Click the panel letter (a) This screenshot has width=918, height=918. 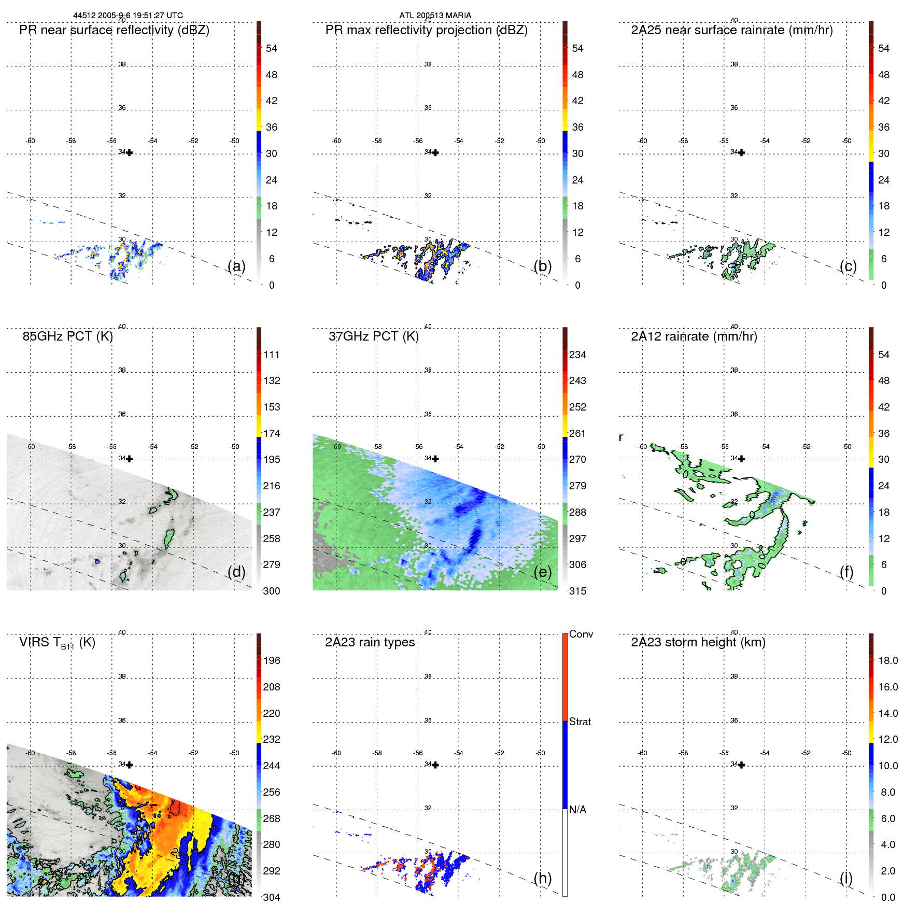[x=236, y=266]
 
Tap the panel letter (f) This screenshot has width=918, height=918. [x=846, y=572]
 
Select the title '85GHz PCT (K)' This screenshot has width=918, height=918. [x=68, y=336]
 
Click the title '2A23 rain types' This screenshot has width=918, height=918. [x=370, y=642]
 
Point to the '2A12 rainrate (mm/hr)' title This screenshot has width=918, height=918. [x=694, y=336]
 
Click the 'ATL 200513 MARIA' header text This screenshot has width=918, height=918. [x=435, y=16]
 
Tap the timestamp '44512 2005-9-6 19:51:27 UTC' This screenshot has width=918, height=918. [x=128, y=16]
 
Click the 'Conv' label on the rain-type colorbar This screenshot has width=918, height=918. [x=581, y=634]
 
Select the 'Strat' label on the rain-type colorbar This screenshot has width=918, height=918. [x=580, y=722]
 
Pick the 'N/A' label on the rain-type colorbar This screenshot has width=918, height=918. [x=577, y=810]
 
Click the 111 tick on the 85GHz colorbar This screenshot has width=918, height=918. [x=272, y=355]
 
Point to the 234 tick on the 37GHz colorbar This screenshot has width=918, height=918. [x=577, y=355]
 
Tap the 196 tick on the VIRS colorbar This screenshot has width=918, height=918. [x=272, y=660]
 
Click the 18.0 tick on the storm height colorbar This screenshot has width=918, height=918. [x=887, y=660]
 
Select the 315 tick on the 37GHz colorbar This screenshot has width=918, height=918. [x=577, y=591]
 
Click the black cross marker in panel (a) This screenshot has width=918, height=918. [x=130, y=153]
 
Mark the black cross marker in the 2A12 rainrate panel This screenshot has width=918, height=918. [x=742, y=459]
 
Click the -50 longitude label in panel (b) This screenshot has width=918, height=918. [x=541, y=141]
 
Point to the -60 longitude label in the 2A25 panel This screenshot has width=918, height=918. [x=643, y=141]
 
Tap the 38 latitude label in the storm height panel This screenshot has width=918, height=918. [x=734, y=676]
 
